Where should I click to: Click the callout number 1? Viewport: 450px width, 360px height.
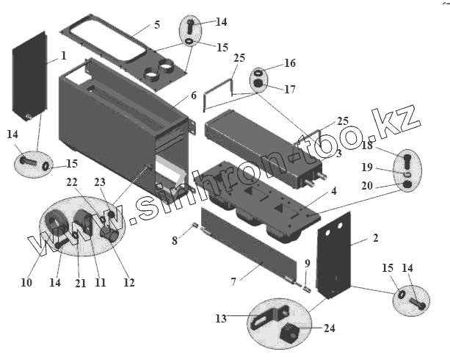63,56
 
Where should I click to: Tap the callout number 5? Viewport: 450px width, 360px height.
156,25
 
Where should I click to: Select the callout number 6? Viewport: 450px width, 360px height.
193,96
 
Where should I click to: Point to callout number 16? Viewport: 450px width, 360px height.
290,63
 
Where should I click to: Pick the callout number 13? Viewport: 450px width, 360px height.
221,318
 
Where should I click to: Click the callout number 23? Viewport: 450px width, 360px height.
100,182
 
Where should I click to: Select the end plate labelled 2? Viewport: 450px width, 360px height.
335,253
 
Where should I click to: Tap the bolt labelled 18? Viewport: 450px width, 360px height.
408,160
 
